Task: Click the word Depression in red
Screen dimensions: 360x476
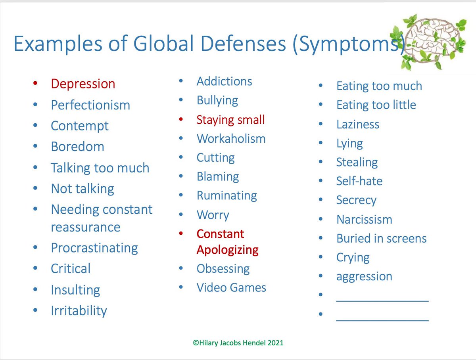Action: pyautogui.click(x=83, y=84)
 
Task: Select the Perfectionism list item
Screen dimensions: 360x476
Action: pyautogui.click(x=90, y=105)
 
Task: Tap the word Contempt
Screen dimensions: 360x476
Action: pyautogui.click(x=79, y=126)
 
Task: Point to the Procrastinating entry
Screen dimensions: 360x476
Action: pyautogui.click(x=94, y=248)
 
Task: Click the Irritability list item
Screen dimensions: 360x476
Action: pyautogui.click(x=79, y=310)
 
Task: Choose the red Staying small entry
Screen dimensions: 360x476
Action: pyautogui.click(x=230, y=120)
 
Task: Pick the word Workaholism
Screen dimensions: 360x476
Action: pyautogui.click(x=231, y=139)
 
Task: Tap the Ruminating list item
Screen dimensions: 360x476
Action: pyautogui.click(x=226, y=196)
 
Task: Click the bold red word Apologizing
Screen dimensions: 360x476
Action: pyautogui.click(x=227, y=250)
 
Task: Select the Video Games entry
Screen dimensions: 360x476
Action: pyautogui.click(x=231, y=287)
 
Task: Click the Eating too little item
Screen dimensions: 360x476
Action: pyautogui.click(x=376, y=105)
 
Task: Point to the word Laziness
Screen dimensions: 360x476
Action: pyautogui.click(x=357, y=124)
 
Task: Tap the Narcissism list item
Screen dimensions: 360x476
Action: pyautogui.click(x=364, y=220)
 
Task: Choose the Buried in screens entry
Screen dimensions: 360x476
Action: pyautogui.click(x=381, y=239)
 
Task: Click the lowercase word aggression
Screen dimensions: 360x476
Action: pyautogui.click(x=364, y=276)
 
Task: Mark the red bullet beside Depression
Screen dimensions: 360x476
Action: pyautogui.click(x=36, y=84)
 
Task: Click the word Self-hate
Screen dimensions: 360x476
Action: pyautogui.click(x=359, y=181)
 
